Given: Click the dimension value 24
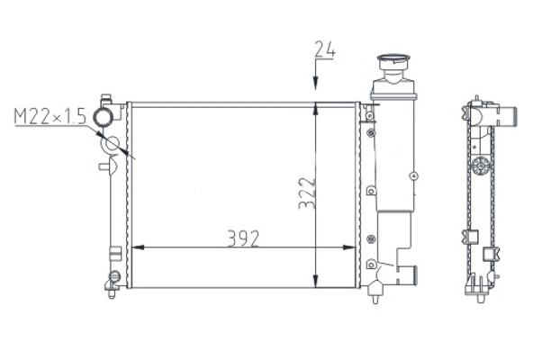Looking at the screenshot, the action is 325,49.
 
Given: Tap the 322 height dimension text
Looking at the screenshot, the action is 307,193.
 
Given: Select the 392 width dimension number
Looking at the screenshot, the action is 243,238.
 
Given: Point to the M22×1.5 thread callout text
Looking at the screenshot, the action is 50,116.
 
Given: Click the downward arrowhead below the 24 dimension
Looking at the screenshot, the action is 316,84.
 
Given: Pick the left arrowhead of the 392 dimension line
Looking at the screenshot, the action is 138,247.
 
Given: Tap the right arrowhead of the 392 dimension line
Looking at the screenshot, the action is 349,247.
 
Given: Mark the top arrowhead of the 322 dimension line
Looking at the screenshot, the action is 316,109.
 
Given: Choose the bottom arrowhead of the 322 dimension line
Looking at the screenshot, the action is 316,281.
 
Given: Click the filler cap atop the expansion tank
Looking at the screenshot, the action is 393,63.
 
